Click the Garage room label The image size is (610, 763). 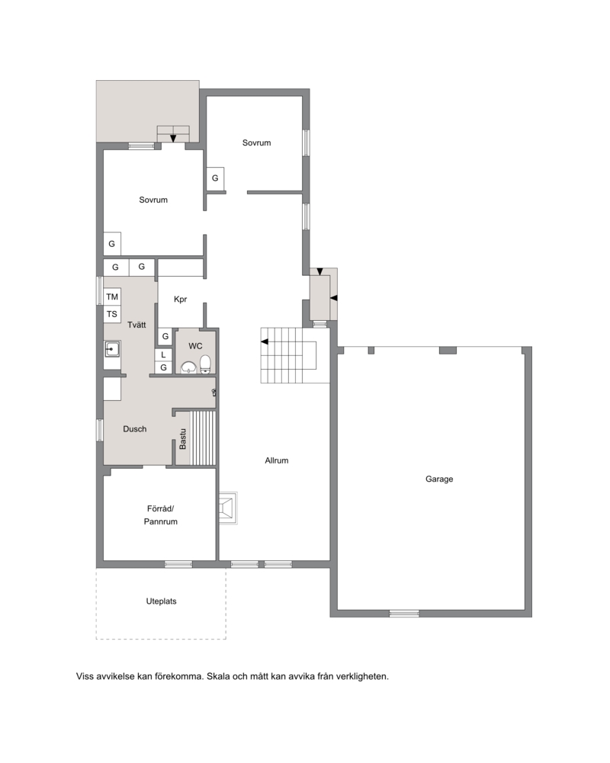coord(439,479)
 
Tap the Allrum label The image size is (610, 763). coord(277,460)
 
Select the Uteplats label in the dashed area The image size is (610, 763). coord(161,601)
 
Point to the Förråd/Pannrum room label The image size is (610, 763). coord(161,515)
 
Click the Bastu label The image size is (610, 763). coord(182,439)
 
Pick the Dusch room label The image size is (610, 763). coord(134,428)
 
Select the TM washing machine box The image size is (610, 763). coord(112,297)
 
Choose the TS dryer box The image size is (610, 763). coord(112,314)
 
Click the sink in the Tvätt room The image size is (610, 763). coord(112,349)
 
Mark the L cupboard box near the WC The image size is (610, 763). coord(163,354)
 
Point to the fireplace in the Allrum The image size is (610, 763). coord(228,508)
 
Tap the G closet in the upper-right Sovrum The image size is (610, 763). coord(215,178)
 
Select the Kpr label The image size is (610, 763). coord(180,300)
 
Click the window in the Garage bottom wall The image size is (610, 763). coord(404,614)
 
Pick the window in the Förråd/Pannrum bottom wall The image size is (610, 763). coord(178,564)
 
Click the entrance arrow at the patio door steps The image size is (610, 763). coord(173,139)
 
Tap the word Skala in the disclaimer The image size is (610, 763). coord(218,676)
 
